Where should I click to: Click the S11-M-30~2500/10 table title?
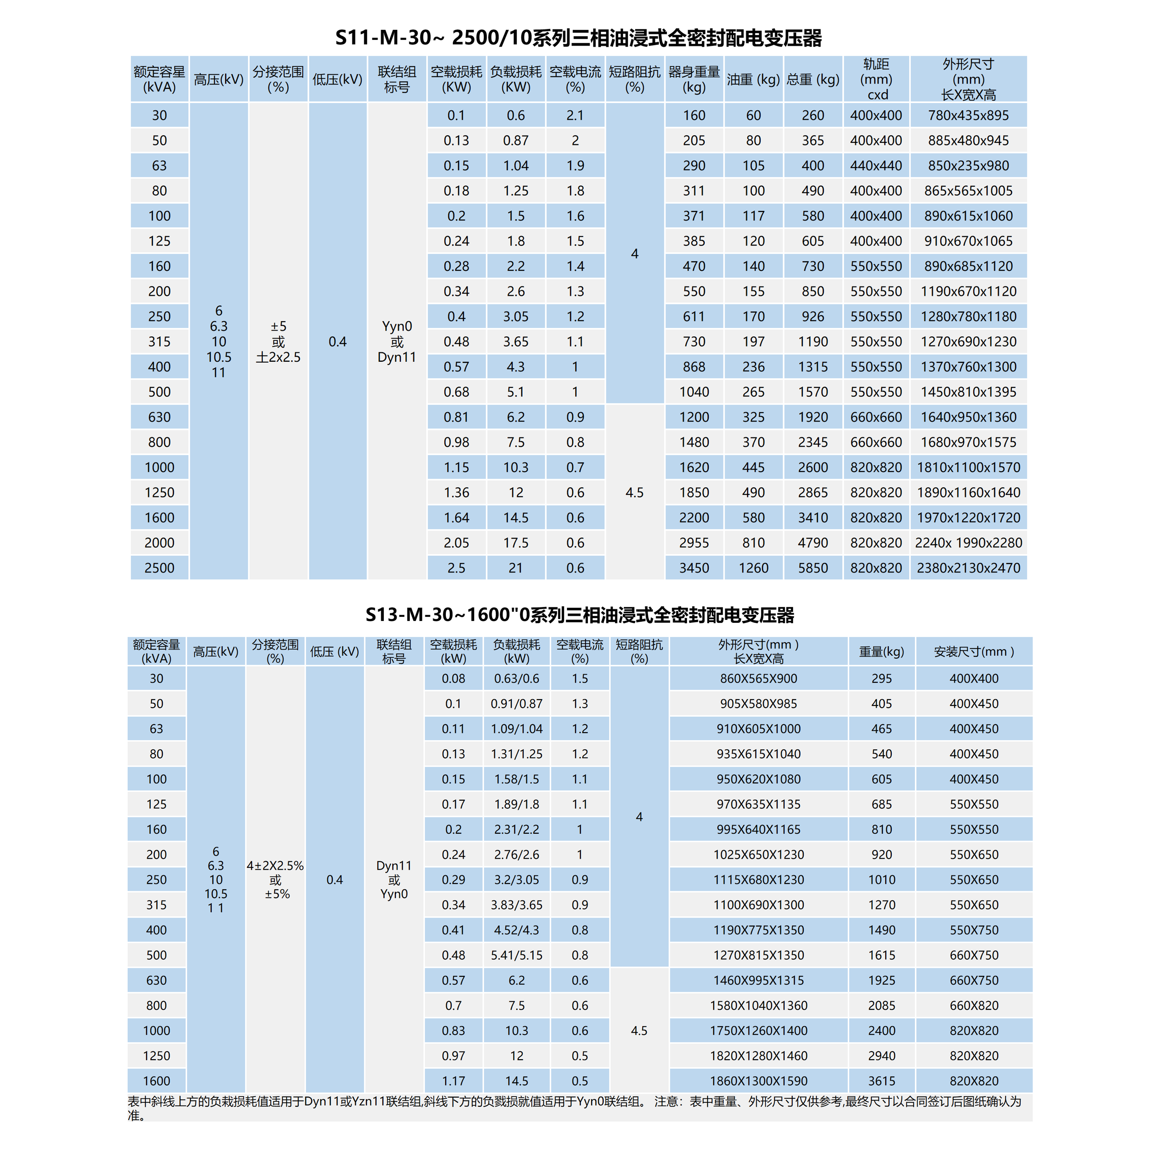(578, 38)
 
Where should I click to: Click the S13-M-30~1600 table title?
(579, 615)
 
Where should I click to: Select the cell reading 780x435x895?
(968, 115)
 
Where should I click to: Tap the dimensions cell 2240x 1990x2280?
(968, 543)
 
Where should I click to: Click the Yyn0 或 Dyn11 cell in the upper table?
(397, 341)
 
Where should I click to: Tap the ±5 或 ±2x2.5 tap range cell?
(278, 341)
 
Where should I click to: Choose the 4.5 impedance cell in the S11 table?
(635, 492)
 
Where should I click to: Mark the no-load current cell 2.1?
(575, 115)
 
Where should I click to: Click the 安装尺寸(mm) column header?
(973, 651)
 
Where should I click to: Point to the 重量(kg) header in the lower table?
(881, 651)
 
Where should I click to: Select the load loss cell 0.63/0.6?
(516, 679)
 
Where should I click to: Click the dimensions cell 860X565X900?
(758, 679)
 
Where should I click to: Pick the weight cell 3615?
(881, 1081)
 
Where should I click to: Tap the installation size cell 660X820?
(973, 1005)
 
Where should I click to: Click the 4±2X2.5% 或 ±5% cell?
(275, 880)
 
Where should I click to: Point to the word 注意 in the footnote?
(667, 1102)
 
